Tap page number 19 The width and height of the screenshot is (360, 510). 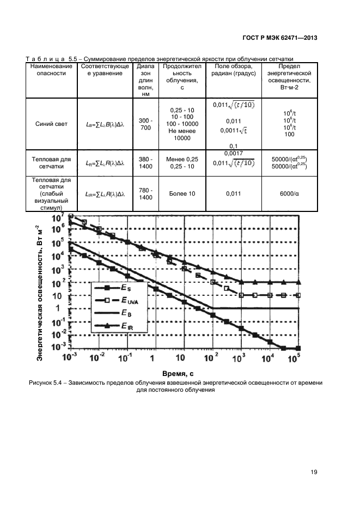(314, 472)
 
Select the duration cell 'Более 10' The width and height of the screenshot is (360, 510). (179, 194)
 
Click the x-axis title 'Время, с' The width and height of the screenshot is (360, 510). (178, 373)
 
